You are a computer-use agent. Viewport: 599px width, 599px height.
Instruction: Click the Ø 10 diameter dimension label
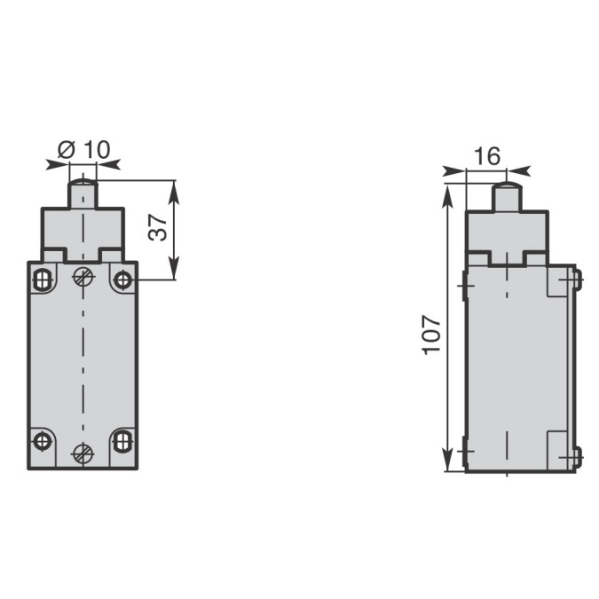(84, 149)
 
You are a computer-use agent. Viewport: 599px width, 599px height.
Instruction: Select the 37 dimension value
(158, 227)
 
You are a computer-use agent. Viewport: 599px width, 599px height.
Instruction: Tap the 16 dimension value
(487, 156)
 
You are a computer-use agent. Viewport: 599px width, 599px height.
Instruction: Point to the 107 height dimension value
(431, 335)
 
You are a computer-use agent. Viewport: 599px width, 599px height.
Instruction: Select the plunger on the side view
(507, 197)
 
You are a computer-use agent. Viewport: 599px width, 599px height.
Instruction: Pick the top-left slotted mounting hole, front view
(43, 280)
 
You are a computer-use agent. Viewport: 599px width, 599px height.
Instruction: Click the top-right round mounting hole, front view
(123, 280)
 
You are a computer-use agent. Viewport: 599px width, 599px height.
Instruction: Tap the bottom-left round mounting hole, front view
(43, 442)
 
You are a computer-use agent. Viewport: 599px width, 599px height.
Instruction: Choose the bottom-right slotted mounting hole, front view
(123, 441)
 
